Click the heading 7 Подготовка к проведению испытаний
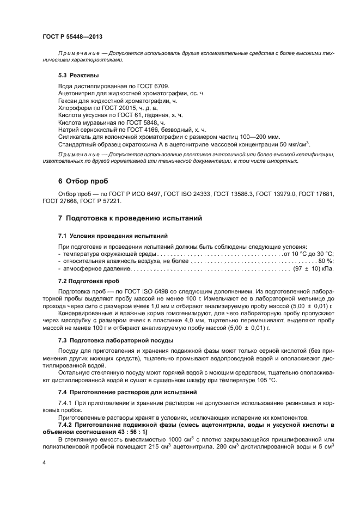[x=130, y=218]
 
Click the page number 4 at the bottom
[x=44, y=462]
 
